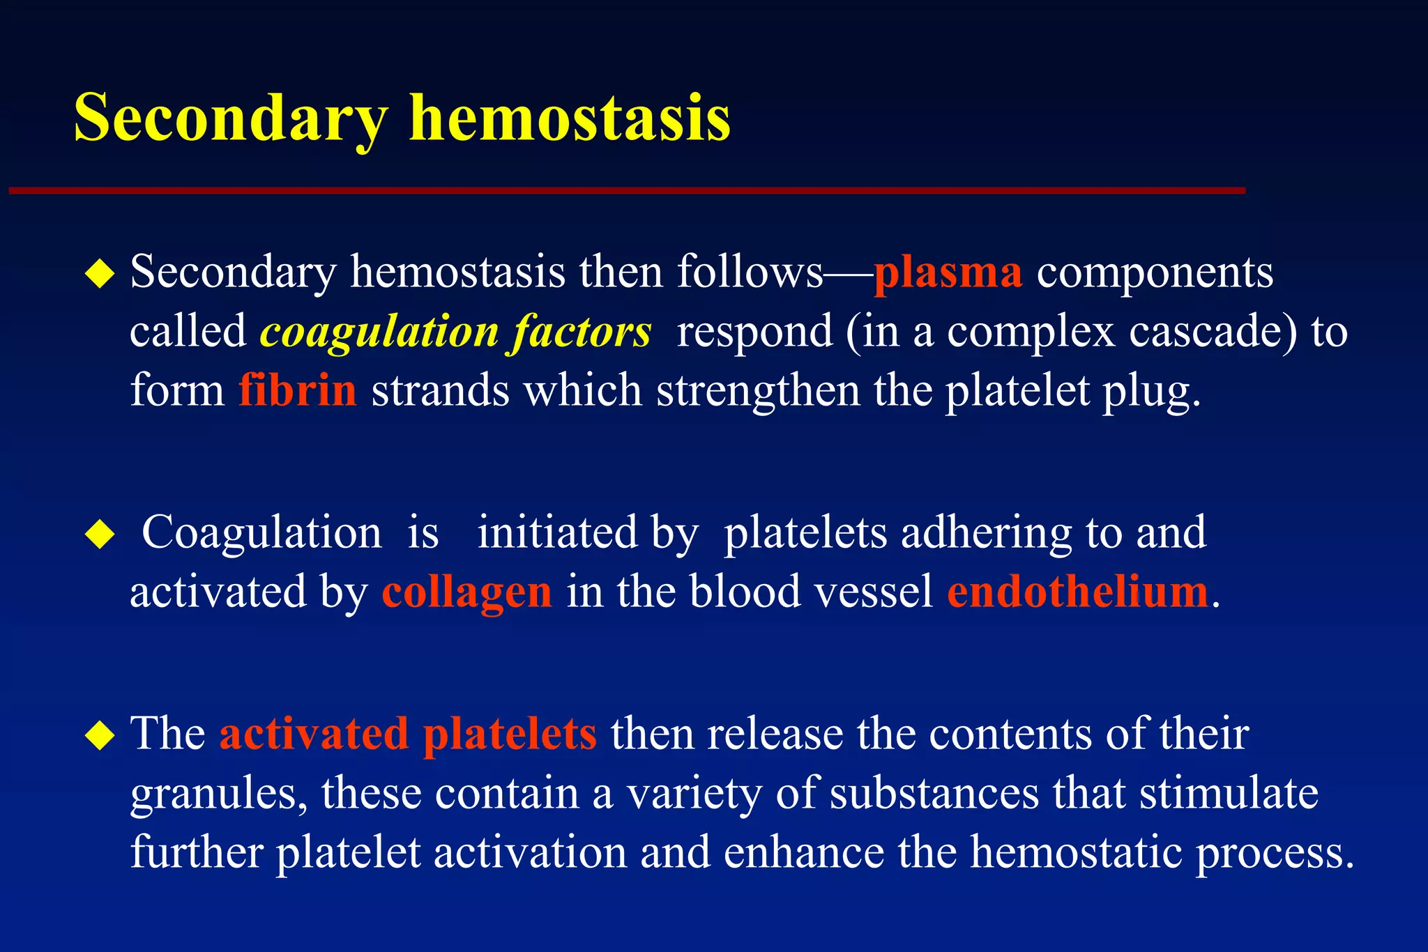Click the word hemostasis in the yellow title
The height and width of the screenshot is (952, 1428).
(x=569, y=118)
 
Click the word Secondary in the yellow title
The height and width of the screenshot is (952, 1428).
(x=230, y=118)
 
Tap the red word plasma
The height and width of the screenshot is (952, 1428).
(x=948, y=272)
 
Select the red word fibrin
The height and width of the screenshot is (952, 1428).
(x=298, y=390)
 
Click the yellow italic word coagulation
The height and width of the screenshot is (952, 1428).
(x=379, y=332)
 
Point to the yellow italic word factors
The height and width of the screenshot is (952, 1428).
(x=582, y=332)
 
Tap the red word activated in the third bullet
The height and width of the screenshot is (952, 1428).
(x=314, y=734)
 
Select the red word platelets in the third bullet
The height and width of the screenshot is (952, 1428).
(x=510, y=734)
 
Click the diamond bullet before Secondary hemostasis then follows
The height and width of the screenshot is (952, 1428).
(x=100, y=274)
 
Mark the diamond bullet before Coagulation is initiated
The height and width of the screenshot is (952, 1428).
(x=100, y=535)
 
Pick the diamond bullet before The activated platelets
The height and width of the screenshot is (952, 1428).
(x=100, y=736)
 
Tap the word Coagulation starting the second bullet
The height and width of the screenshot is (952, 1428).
(x=261, y=533)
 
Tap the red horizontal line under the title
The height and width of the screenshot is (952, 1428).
(x=628, y=190)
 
